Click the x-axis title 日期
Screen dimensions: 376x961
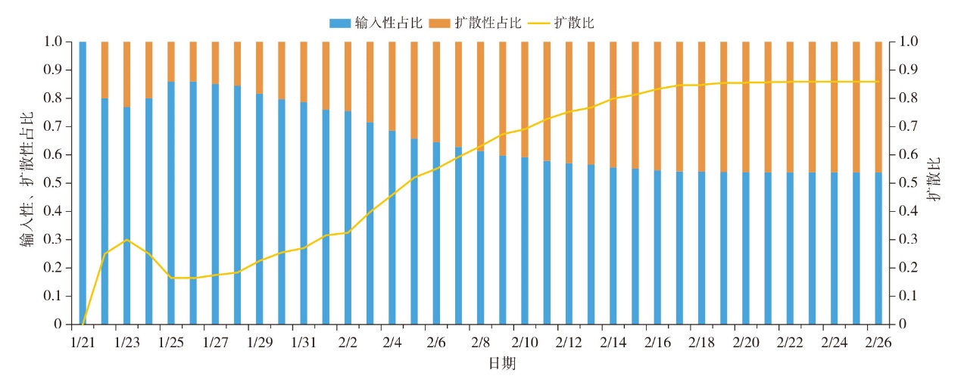click(x=503, y=364)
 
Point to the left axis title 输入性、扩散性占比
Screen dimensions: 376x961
click(x=28, y=182)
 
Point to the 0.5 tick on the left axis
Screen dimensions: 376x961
click(x=55, y=183)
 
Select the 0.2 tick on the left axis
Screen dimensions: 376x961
click(x=55, y=268)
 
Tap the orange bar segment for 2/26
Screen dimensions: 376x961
click(x=878, y=107)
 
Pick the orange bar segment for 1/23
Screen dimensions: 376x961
click(x=126, y=74)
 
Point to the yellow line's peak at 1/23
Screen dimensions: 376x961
click(x=126, y=240)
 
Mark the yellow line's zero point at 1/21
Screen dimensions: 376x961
click(x=83, y=324)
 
